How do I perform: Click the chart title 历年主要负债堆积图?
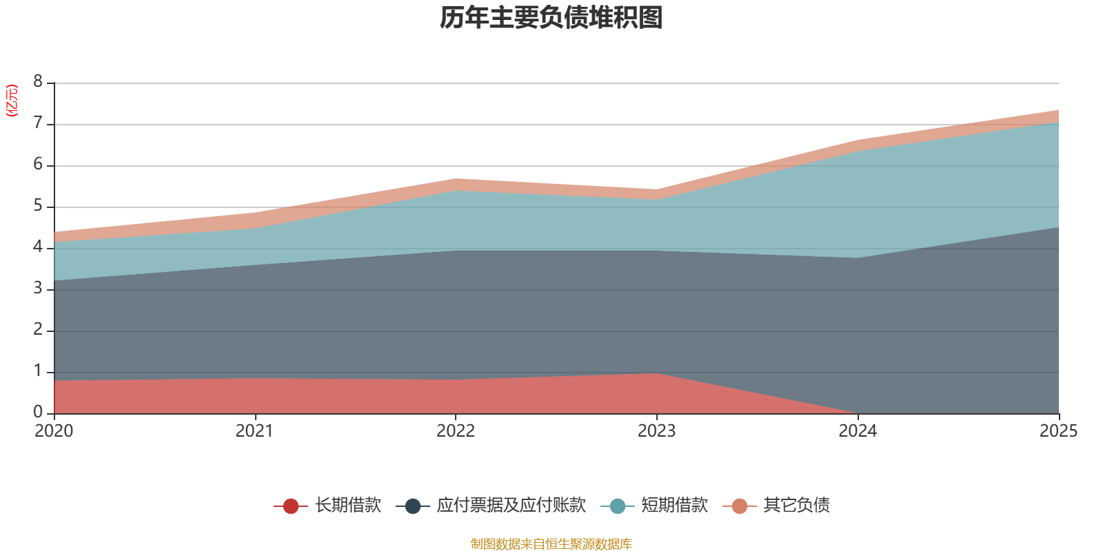551,18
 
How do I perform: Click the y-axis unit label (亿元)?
12,101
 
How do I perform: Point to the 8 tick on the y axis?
38,82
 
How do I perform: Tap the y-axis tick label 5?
38,206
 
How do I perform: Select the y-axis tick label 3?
38,289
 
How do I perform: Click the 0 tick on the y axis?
38,412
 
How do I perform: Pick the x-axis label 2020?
54,431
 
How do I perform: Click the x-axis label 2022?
456,431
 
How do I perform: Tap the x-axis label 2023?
656,431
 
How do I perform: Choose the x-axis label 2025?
1058,431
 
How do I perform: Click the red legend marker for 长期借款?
291,506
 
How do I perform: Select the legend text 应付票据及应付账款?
511,506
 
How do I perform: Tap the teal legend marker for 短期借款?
618,506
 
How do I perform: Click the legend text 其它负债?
796,506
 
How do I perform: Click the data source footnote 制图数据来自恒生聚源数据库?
551,544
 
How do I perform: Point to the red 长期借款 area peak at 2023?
656,374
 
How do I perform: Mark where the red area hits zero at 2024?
857,413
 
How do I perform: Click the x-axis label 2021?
254,431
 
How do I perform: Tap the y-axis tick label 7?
38,123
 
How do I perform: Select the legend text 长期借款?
348,506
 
